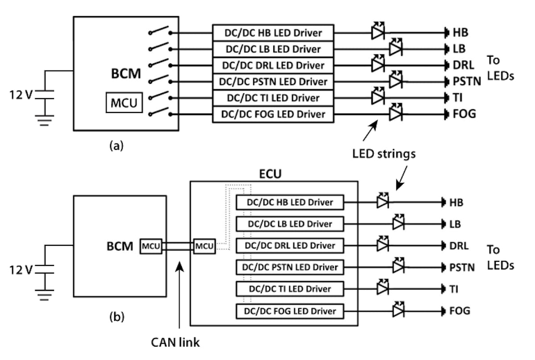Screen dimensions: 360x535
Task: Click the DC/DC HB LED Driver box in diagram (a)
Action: coord(273,33)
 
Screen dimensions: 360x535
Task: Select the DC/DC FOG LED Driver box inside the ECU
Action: coord(290,310)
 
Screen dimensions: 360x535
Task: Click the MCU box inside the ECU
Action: coord(205,246)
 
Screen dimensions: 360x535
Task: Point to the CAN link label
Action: coord(175,343)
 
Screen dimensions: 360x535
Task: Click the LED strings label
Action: coord(384,154)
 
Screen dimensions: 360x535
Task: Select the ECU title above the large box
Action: coord(270,174)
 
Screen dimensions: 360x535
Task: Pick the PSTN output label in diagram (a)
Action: coord(465,82)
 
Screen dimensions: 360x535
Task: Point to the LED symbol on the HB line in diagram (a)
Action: coord(378,32)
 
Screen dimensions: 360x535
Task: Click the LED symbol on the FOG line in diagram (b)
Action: coord(398,310)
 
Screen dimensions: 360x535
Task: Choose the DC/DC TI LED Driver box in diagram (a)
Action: coord(273,98)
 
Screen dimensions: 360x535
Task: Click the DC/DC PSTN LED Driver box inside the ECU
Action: coord(290,267)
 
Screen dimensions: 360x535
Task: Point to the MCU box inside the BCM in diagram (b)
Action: coord(151,246)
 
